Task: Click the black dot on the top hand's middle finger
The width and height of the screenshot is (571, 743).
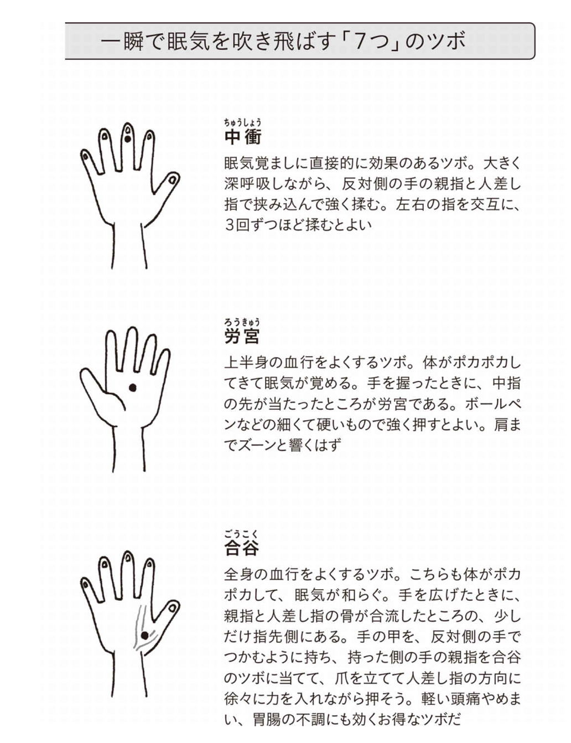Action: click(127, 139)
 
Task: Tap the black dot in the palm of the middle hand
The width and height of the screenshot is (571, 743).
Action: click(133, 388)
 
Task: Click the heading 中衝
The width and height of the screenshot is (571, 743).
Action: click(243, 137)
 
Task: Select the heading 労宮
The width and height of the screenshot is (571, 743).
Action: click(242, 336)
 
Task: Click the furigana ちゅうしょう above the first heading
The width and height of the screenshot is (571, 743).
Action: click(243, 122)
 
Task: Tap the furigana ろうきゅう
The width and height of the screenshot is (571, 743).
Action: click(242, 322)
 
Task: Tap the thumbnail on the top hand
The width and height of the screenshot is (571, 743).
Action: click(173, 179)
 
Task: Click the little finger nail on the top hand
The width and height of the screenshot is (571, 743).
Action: click(85, 157)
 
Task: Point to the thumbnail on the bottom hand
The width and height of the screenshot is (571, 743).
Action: click(172, 607)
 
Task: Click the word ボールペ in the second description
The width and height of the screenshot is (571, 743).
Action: click(492, 404)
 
